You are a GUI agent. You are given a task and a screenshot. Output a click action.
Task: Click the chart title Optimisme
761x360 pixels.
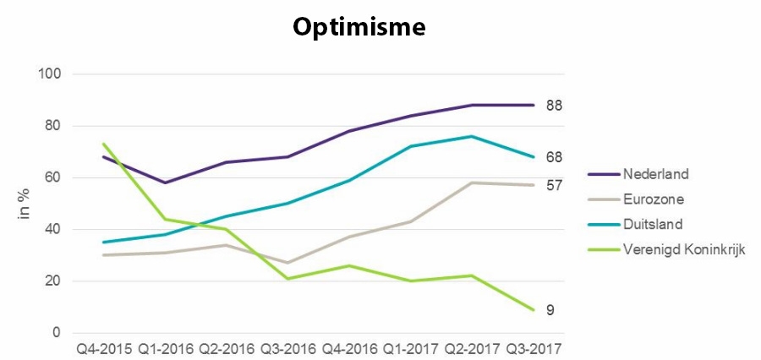(x=359, y=27)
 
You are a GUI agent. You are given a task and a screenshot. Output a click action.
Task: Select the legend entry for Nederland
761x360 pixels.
(x=655, y=174)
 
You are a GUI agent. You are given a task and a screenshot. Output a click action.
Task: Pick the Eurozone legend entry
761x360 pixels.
(x=654, y=199)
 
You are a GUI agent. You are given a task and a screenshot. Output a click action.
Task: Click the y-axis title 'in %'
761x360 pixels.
(x=25, y=204)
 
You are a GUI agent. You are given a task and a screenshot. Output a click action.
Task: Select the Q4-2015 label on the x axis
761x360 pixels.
(x=103, y=348)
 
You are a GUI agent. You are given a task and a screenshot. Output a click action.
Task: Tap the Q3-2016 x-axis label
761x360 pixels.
(x=287, y=348)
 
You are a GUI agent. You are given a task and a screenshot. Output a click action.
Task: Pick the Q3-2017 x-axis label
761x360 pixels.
(x=533, y=348)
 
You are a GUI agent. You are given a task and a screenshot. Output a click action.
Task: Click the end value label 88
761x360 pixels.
(x=554, y=106)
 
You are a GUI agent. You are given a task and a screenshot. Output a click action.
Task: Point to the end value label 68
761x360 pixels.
(x=554, y=157)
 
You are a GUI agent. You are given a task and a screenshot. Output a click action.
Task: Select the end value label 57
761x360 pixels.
(x=554, y=185)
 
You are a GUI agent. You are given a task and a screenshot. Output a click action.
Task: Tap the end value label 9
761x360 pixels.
(x=550, y=310)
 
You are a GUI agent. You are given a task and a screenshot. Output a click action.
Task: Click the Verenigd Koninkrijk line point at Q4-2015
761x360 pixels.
(x=103, y=144)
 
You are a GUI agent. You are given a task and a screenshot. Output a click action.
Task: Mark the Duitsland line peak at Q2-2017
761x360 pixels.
(x=471, y=136)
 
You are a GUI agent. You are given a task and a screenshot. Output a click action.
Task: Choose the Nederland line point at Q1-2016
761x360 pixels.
(x=165, y=183)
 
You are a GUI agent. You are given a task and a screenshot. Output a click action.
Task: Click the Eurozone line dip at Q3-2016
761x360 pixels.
(x=287, y=263)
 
